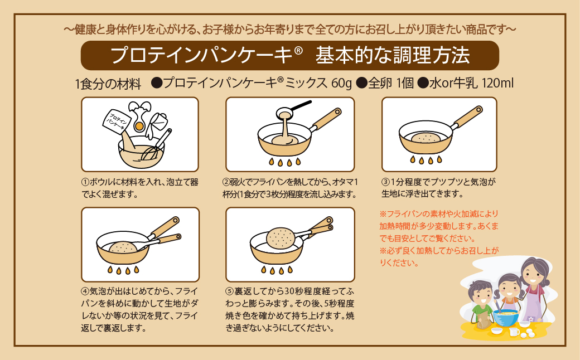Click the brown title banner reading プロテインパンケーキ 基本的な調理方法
coord(289,56)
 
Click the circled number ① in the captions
coord(85,182)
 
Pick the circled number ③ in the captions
coord(385,182)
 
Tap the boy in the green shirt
coord(480,304)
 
